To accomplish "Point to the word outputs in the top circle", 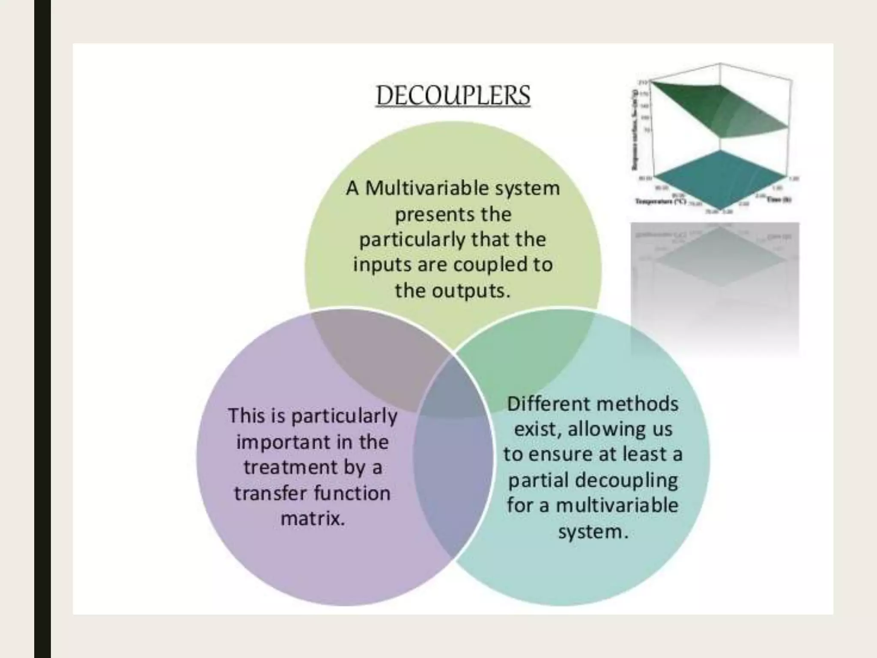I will point(471,291).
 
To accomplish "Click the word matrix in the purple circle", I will point(312,519).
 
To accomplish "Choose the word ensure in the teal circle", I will point(558,454).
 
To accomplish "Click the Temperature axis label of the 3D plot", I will point(659,201).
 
